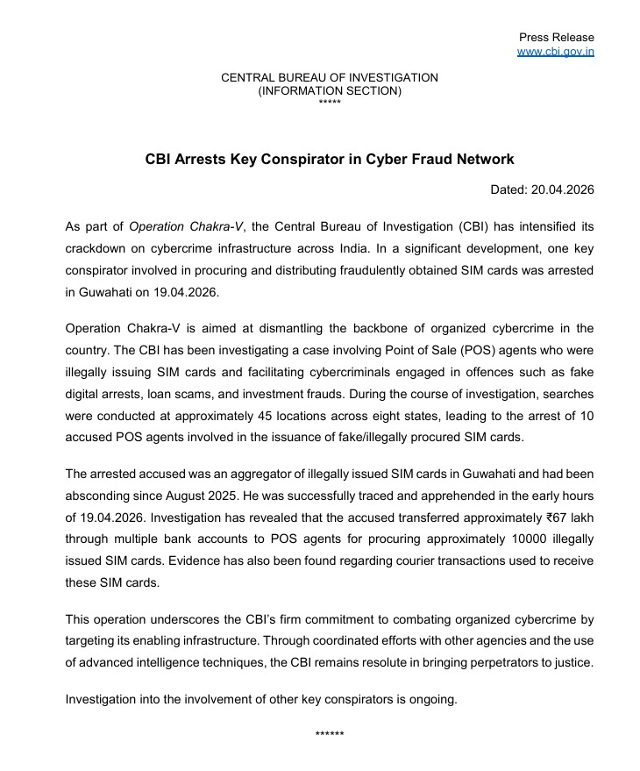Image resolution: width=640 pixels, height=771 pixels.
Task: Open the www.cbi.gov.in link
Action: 556,52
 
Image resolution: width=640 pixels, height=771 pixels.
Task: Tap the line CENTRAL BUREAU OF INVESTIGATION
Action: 330,78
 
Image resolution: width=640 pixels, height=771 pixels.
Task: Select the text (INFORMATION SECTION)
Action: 330,90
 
